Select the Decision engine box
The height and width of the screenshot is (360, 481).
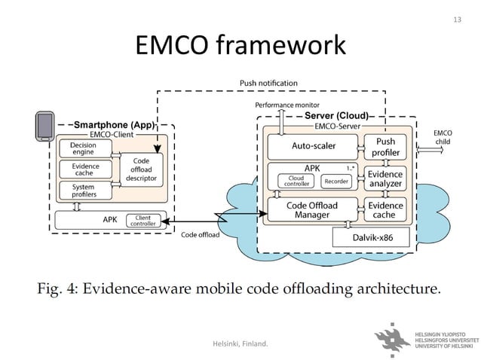83,148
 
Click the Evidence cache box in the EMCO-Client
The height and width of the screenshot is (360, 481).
83,169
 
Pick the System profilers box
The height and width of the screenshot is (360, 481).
83,191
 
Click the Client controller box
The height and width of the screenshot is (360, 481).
142,221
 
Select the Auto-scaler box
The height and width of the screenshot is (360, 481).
313,145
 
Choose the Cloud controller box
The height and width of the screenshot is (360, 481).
293,181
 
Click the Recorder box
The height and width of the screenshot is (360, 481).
335,181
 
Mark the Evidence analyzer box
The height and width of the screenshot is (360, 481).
384,178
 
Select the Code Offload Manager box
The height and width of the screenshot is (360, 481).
313,210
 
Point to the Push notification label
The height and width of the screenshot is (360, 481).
268,83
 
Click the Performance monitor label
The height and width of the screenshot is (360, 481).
287,105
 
